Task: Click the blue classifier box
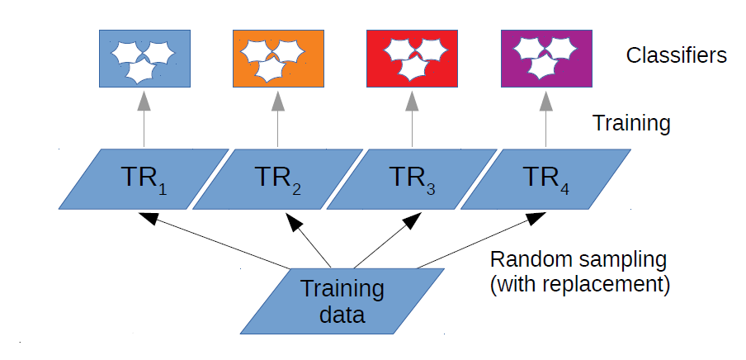click(x=144, y=58)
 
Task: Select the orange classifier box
click(x=278, y=58)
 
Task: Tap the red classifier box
click(x=412, y=58)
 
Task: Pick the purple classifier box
click(x=546, y=58)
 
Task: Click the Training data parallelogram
click(x=342, y=301)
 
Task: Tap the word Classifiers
click(x=676, y=56)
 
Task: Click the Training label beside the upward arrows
click(x=631, y=124)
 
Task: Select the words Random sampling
click(x=578, y=259)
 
